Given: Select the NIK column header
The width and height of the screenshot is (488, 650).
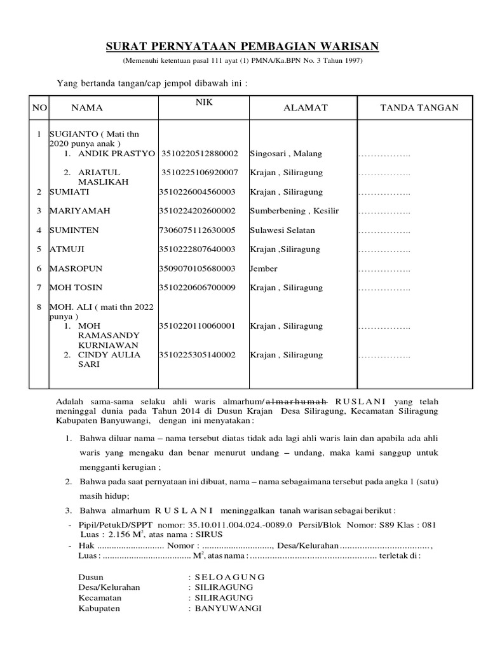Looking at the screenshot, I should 203,102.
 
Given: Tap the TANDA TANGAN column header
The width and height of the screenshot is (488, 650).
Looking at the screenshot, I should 419,108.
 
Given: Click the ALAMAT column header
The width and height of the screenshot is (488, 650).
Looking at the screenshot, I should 305,108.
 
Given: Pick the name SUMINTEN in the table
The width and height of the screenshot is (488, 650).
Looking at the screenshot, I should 74,230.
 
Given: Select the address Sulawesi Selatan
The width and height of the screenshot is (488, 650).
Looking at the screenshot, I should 282,230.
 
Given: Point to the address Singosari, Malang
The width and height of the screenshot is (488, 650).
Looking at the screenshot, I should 286,154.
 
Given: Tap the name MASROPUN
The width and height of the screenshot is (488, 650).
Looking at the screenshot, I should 75,269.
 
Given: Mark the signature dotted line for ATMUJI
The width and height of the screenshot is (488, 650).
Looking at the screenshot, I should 384,249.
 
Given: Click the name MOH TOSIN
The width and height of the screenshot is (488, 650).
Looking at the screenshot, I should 76,288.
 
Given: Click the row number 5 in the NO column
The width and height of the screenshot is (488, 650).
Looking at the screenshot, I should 39,249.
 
